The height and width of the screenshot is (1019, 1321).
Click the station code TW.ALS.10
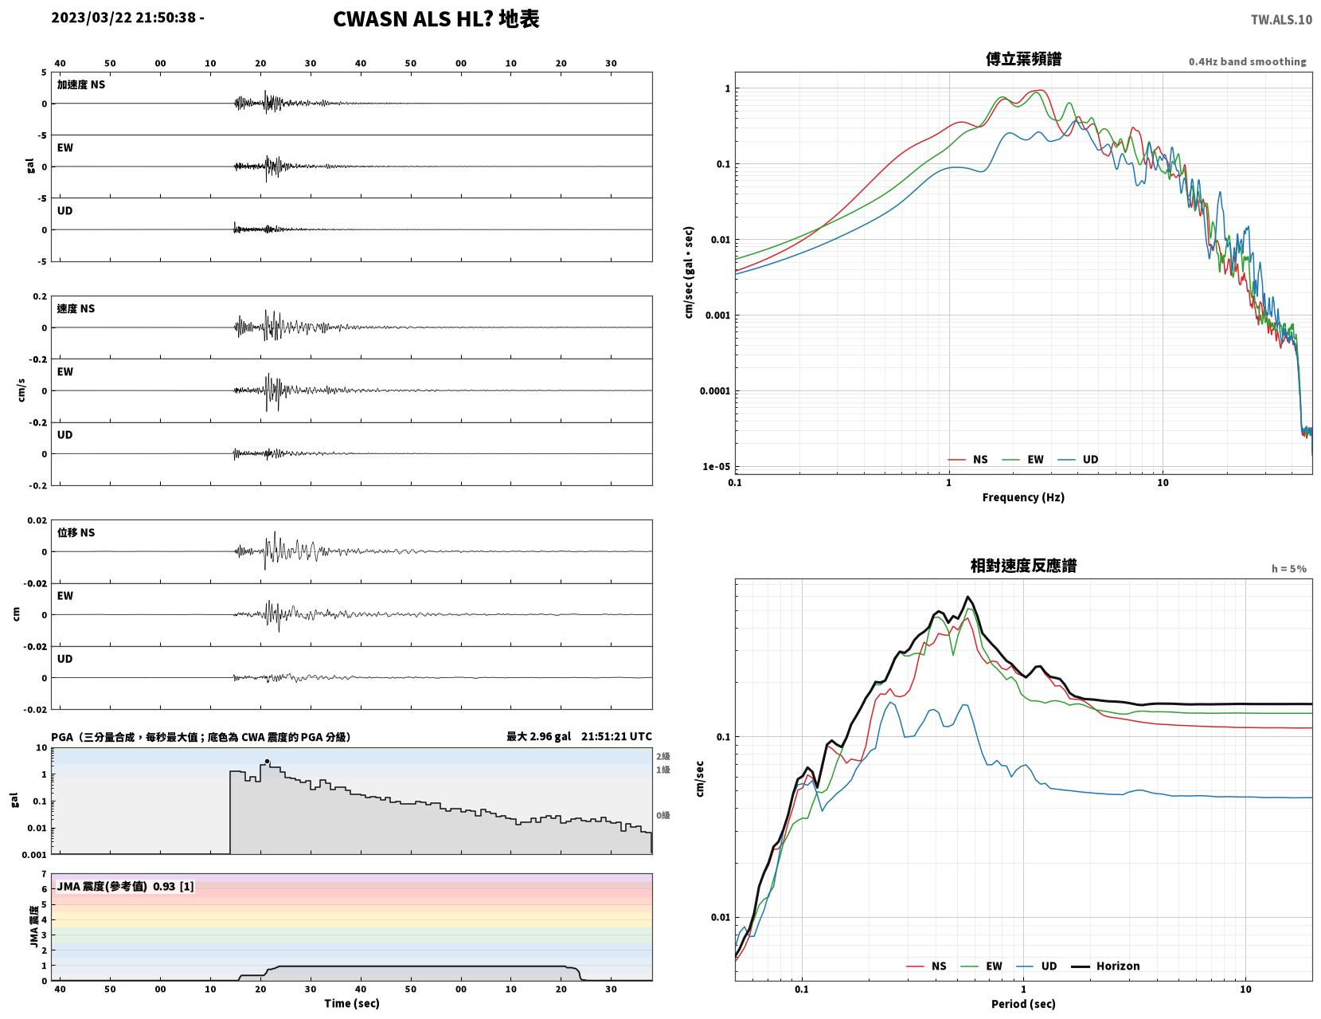coord(1281,19)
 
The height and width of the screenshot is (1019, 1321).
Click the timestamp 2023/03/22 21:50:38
coord(123,18)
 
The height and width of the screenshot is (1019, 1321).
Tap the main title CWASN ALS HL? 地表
coord(436,19)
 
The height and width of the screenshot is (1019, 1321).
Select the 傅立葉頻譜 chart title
coord(1023,59)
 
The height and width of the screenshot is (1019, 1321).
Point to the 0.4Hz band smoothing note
coord(1247,61)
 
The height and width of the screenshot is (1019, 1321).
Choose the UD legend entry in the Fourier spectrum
coord(1078,459)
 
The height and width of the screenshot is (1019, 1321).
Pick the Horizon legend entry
coord(1105,966)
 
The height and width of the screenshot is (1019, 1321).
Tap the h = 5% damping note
coord(1288,569)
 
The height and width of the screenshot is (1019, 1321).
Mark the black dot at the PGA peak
coord(267,761)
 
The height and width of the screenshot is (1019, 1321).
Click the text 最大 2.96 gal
coord(538,736)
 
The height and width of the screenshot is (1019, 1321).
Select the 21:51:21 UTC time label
coord(616,736)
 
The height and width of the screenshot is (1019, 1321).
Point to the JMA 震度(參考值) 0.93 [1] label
coord(125,887)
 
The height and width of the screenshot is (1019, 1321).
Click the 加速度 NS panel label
coord(81,84)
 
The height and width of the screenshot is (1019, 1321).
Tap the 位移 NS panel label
coord(76,532)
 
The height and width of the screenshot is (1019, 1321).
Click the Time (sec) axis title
coord(351,1003)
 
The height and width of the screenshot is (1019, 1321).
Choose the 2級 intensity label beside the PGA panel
coord(662,756)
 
